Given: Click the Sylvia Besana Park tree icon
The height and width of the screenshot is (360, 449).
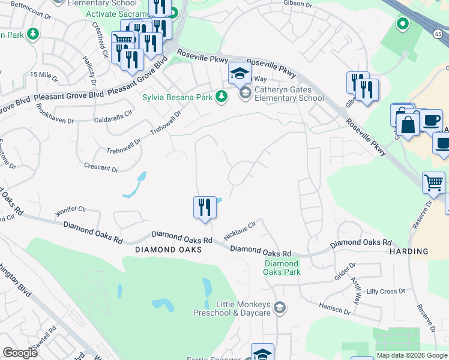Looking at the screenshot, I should pos(221,96).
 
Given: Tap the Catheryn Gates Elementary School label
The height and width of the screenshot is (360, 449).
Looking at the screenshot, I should pos(289,94).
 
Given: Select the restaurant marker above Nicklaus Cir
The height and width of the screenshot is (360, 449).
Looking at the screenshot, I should pos(205,208).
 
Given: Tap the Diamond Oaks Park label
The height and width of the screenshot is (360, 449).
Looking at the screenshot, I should pos(282,268).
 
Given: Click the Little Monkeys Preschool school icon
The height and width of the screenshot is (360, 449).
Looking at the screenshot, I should pos(279,308).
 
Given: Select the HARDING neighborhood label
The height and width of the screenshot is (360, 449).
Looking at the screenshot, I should pos(408,251).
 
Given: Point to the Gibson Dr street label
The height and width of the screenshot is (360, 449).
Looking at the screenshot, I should pos(298,4).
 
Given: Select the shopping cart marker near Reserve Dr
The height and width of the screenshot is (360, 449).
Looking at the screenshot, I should pos(434,182).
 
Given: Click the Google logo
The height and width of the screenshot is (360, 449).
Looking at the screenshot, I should pos(20,353).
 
